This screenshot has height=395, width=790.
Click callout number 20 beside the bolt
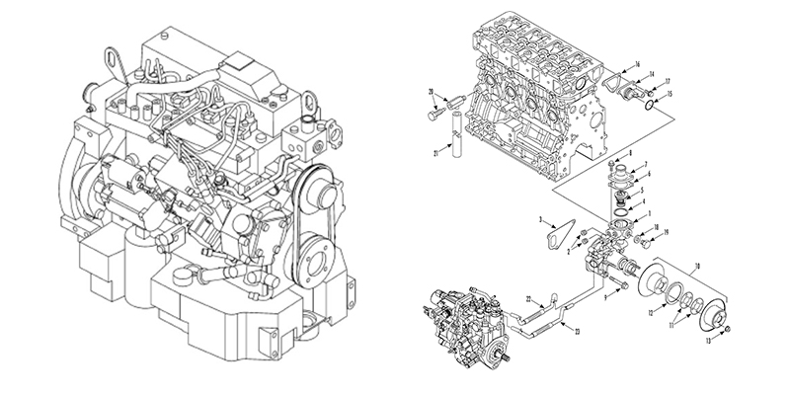tap(431, 92)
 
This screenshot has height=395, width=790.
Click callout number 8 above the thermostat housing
tap(629, 156)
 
